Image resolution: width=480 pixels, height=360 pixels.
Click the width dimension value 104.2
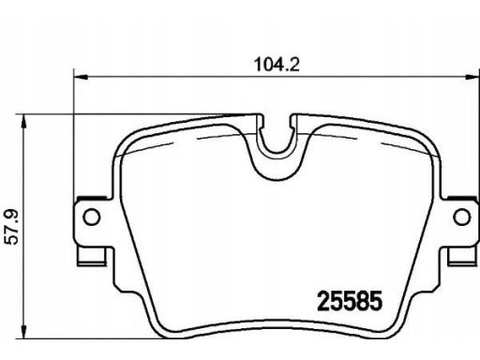(277, 65)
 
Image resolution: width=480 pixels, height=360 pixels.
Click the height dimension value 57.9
(13, 227)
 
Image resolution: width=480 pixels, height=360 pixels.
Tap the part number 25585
(350, 301)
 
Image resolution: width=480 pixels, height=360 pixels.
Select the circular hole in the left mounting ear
(92, 217)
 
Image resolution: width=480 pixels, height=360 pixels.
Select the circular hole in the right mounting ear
(462, 217)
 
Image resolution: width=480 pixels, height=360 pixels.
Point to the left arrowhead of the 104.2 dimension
(80, 77)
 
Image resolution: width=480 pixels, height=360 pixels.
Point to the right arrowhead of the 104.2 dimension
(472, 77)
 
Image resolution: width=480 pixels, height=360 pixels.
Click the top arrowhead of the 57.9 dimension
(22, 121)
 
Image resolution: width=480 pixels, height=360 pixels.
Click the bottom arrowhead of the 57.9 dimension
(22, 331)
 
